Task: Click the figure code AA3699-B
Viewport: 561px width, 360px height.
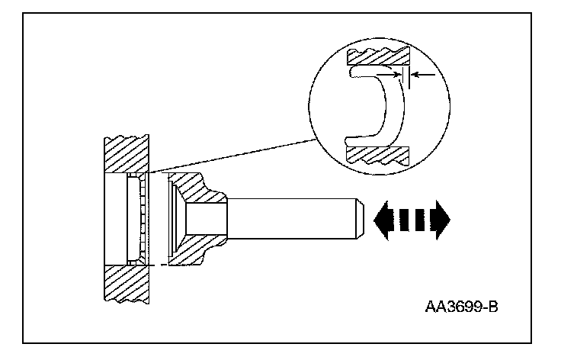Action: [466, 308]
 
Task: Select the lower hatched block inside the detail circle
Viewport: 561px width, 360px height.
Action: [378, 153]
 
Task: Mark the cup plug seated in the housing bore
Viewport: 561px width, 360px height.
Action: [137, 220]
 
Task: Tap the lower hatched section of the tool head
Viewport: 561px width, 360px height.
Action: [191, 255]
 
